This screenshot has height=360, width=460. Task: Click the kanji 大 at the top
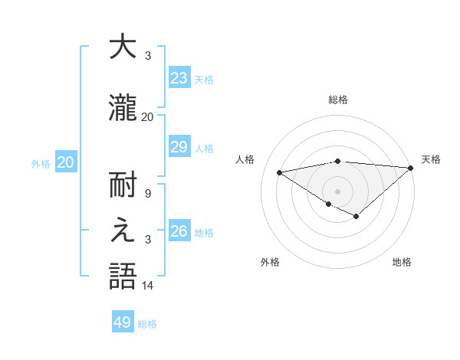(x=122, y=47)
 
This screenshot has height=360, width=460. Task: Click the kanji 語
(x=122, y=276)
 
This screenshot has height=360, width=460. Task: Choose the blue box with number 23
(x=179, y=78)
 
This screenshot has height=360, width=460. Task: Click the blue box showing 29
(x=179, y=148)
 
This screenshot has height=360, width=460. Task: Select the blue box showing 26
(x=179, y=231)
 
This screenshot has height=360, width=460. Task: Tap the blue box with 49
(x=123, y=322)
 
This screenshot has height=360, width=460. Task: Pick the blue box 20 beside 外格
(x=65, y=162)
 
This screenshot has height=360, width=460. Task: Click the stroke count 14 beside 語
(x=148, y=286)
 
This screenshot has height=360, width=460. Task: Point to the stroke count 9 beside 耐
(x=147, y=194)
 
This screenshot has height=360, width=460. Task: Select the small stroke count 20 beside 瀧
(x=148, y=116)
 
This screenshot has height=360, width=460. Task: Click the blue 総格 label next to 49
(x=147, y=324)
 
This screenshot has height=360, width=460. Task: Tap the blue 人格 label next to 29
(x=204, y=149)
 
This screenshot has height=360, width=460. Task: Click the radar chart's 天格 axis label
(x=431, y=159)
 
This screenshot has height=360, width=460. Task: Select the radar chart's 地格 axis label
(x=402, y=262)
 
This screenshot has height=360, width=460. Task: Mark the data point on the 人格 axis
(x=279, y=172)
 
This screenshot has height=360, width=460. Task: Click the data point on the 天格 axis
(x=411, y=168)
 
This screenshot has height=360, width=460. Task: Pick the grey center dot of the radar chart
(x=337, y=190)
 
